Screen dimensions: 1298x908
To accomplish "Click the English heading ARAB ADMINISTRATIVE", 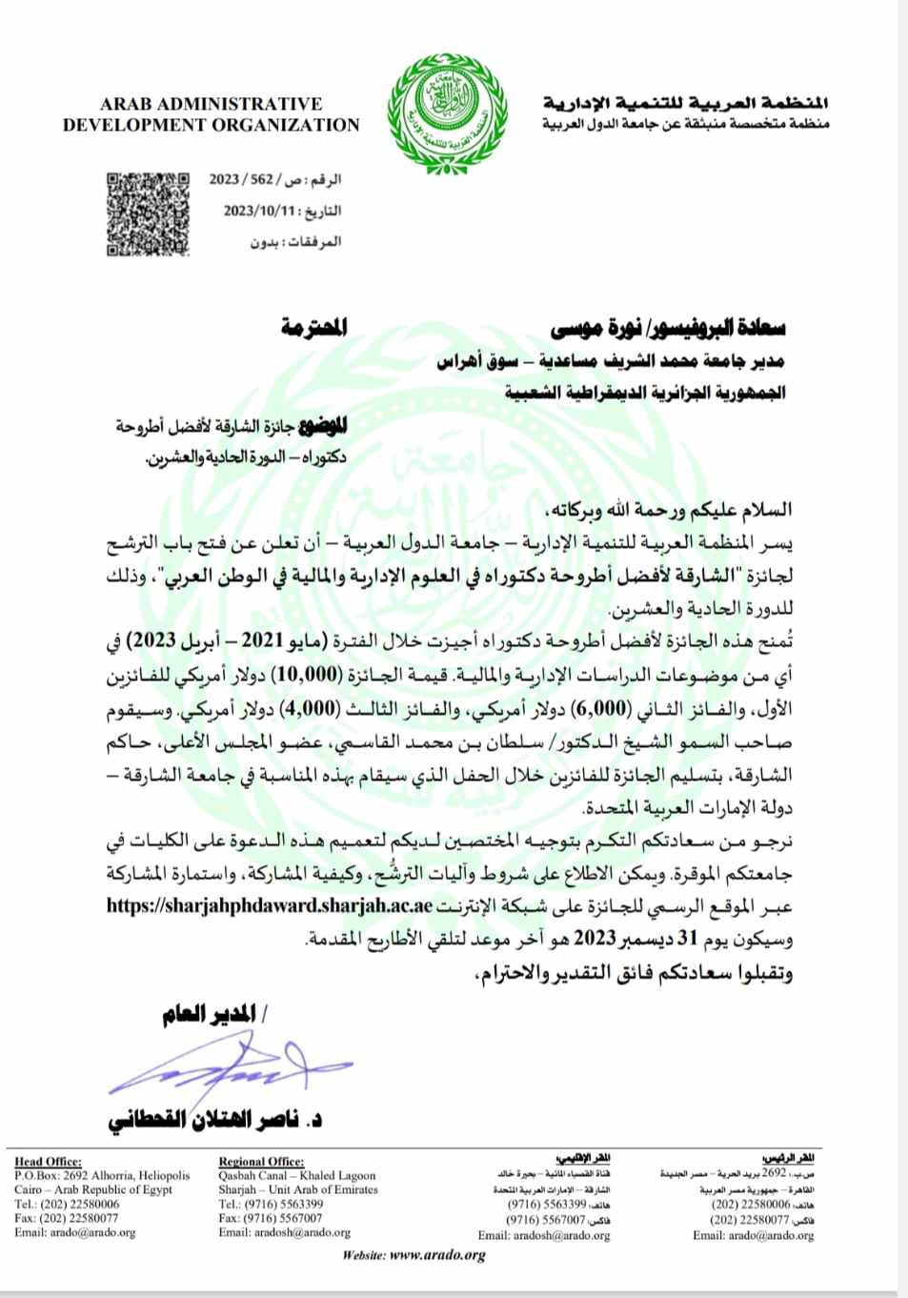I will (211, 104).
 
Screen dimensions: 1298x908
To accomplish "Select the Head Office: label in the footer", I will (48, 1161).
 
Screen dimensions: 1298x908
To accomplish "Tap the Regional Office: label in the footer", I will (261, 1161).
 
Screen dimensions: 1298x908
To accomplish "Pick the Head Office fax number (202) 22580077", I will (67, 1218).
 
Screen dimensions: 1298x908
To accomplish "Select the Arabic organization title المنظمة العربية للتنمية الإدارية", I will (686, 103).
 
